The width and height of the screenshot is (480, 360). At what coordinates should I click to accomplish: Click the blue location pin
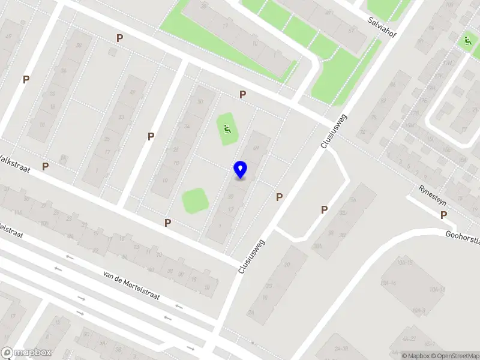pyautogui.click(x=240, y=169)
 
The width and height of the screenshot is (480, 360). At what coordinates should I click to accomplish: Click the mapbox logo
pyautogui.click(x=26, y=353)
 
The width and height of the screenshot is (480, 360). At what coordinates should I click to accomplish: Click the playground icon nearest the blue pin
pyautogui.click(x=226, y=127)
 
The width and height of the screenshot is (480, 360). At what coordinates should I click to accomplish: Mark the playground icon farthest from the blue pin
pyautogui.click(x=467, y=41)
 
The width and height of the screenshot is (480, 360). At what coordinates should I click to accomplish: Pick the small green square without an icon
pyautogui.click(x=195, y=200)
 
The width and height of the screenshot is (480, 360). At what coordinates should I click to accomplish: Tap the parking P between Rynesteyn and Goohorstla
pyautogui.click(x=324, y=209)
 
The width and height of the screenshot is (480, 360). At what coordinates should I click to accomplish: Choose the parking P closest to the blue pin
pyautogui.click(x=279, y=197)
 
